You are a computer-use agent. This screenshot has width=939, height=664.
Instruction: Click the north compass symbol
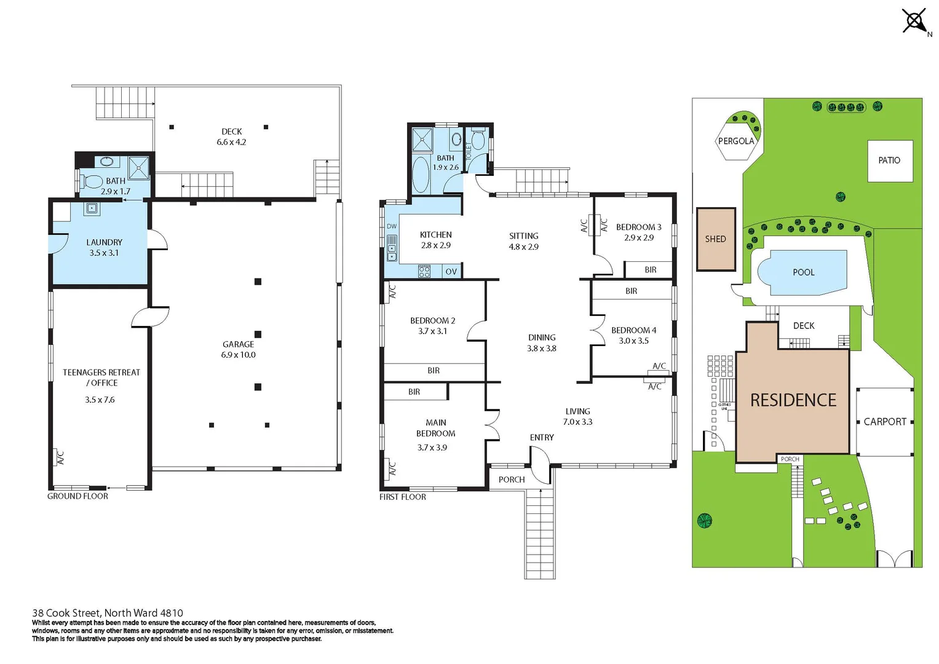pos(914,22)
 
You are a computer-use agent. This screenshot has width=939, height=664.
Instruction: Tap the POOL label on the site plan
pos(803,272)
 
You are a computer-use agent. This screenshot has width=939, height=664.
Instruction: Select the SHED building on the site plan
pos(716,239)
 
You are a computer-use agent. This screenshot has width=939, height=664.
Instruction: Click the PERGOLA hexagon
pos(735,141)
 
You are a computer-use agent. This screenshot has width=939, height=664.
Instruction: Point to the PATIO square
pos(889,160)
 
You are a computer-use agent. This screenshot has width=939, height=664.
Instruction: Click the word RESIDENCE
pos(793,400)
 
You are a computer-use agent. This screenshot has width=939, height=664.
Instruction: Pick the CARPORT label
pos(885,422)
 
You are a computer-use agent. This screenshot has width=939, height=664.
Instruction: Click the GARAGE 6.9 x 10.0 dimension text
pos(238,355)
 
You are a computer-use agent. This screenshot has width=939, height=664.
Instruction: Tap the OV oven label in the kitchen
pos(451,272)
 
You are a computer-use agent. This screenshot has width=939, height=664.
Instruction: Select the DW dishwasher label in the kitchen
pos(392,226)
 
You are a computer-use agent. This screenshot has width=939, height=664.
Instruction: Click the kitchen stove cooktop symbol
pos(424,271)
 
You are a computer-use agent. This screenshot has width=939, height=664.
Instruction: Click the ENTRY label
pos(542,438)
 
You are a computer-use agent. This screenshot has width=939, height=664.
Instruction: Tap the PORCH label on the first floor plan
pos(512,480)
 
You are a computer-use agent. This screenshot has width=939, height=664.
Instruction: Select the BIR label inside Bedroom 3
pos(650,270)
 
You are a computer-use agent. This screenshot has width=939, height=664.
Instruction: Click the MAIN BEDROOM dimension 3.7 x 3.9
pos(432,448)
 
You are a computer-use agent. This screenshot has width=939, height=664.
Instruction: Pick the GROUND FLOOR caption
pos(77,496)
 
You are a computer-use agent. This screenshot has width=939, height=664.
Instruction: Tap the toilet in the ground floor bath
pos(92,181)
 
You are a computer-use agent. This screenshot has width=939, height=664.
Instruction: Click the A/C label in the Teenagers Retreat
pos(60,457)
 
